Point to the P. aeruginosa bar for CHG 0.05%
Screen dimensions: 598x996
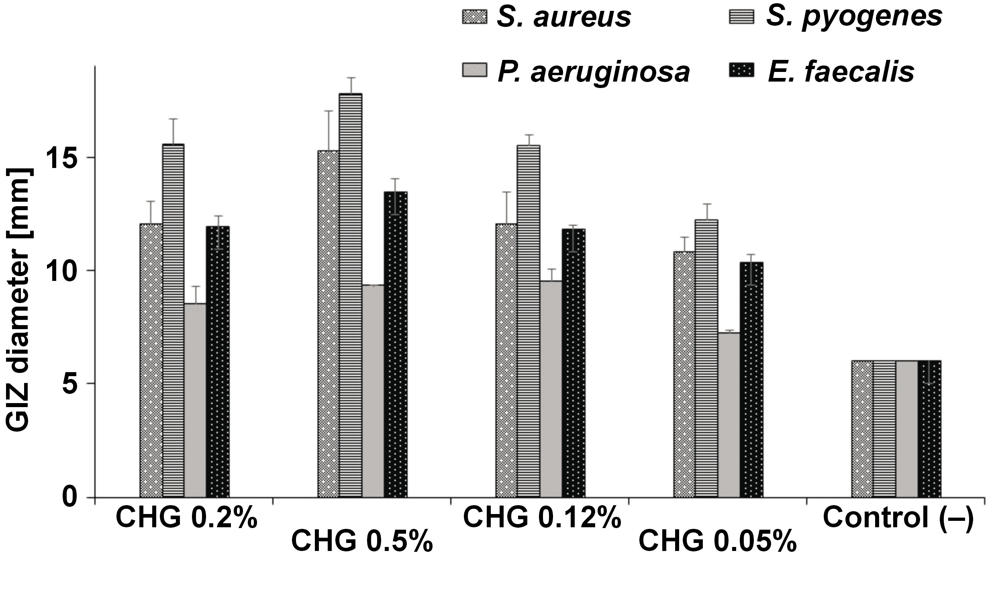[729, 415]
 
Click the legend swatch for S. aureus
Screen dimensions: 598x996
[474, 16]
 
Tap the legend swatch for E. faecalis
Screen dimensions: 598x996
[741, 72]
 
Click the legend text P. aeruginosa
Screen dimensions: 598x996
[594, 72]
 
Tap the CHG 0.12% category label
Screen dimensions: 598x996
[542, 518]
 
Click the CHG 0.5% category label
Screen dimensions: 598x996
[361, 542]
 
